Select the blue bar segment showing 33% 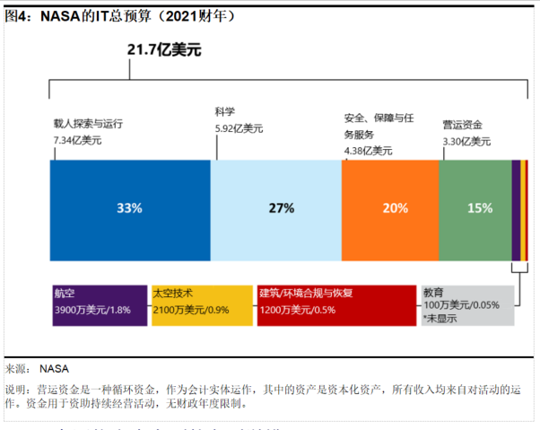point(130,208)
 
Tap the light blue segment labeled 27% point(276,208)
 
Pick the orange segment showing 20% point(390,208)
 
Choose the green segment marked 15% point(475,208)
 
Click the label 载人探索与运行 point(88,124)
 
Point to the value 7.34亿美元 point(78,140)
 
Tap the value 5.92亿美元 point(239,128)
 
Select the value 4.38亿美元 point(369,150)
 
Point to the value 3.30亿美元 point(466,141)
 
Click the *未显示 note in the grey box point(442,319)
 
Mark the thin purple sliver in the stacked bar point(515,208)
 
